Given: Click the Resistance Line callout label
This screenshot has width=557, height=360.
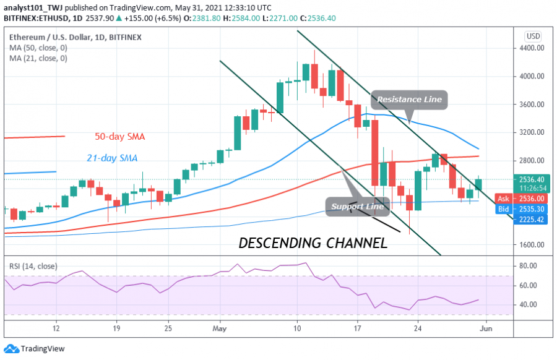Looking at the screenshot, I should tap(409, 100).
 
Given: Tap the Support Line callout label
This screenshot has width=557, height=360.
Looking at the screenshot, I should tap(357, 206).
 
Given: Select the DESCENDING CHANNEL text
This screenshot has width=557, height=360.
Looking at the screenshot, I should tap(313, 243).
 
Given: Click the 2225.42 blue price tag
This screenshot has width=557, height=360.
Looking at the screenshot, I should tap(532, 219).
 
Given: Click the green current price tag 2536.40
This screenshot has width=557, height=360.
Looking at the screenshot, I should tap(532, 179).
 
